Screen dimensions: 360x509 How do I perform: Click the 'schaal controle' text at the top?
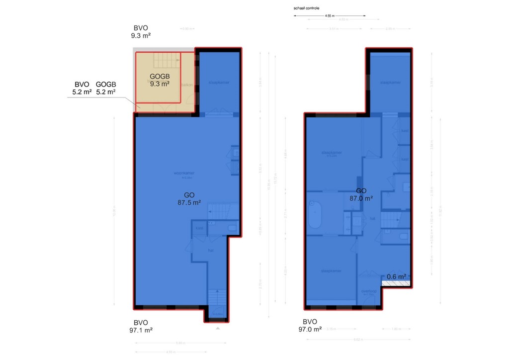point(307,8)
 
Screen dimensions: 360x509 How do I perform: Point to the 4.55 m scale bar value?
point(329,16)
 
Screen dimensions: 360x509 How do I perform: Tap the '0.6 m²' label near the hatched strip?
point(397,276)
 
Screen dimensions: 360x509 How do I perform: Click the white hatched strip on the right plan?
point(396,283)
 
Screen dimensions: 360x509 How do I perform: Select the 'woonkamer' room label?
point(183,174)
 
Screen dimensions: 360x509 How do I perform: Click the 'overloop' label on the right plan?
point(369,292)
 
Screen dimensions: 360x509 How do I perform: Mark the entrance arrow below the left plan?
point(217,328)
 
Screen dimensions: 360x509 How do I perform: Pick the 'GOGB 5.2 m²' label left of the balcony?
point(105,88)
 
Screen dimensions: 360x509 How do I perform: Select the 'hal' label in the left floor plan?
point(210,251)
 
